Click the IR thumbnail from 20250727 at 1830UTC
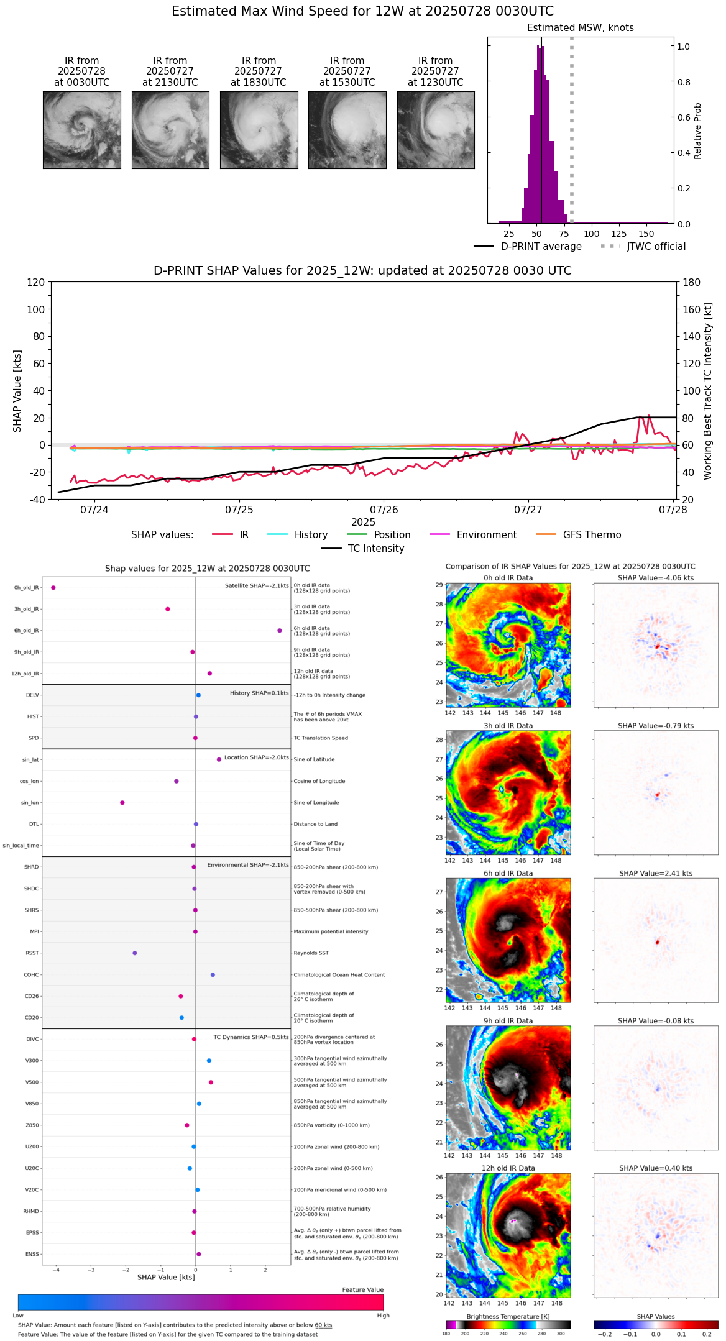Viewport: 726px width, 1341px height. tap(259, 130)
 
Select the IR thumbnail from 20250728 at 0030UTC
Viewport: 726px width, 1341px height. tap(81, 130)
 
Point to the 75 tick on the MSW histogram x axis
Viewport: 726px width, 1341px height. tap(564, 234)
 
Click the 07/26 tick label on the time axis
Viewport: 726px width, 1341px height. tap(384, 510)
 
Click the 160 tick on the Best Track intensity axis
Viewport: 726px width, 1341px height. tap(692, 309)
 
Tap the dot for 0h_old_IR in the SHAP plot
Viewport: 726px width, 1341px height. tap(53, 587)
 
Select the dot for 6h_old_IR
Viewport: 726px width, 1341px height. tap(280, 630)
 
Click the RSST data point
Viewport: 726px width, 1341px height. tap(135, 953)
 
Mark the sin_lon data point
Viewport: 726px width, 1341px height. tap(122, 802)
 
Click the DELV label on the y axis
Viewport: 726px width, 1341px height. tap(32, 695)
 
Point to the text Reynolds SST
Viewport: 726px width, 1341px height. tap(311, 953)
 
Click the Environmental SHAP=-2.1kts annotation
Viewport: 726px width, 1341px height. tap(248, 865)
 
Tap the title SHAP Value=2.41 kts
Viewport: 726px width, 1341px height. tap(656, 873)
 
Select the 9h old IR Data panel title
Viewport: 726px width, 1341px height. tap(508, 1021)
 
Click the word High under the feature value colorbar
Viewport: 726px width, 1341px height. tap(383, 1315)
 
